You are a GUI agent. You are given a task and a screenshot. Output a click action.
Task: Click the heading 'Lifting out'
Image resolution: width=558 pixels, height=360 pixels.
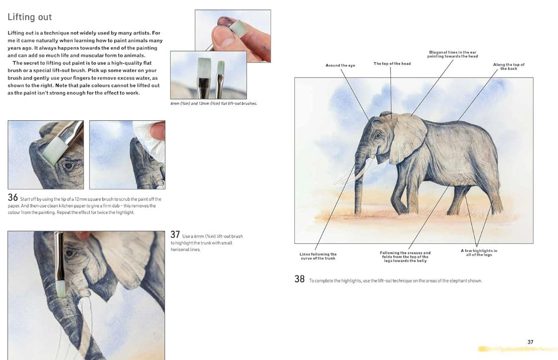(29, 17)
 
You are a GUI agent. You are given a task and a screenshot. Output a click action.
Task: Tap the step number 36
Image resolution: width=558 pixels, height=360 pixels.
(13, 197)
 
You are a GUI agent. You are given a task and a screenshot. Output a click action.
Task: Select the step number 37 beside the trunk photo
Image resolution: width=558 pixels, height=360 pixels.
(175, 234)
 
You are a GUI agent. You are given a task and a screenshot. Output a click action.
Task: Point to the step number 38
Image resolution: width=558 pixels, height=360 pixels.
(300, 279)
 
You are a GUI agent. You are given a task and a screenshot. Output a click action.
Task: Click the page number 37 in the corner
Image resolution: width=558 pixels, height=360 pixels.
(530, 342)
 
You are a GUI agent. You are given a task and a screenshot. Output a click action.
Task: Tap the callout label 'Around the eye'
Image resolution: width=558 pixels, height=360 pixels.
(340, 66)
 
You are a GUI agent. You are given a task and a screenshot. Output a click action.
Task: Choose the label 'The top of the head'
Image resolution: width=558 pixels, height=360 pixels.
(392, 64)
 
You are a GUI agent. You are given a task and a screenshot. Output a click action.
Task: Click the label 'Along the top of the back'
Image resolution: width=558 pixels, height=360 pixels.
(509, 67)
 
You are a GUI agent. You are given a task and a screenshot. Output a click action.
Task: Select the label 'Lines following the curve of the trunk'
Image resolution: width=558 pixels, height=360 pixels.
(318, 256)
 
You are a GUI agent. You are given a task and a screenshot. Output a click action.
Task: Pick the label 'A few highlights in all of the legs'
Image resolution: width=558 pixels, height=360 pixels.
(479, 253)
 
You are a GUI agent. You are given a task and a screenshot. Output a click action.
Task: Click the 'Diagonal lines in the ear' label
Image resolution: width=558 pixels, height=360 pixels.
(452, 54)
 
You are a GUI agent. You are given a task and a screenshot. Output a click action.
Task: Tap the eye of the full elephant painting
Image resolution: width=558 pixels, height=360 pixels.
(377, 135)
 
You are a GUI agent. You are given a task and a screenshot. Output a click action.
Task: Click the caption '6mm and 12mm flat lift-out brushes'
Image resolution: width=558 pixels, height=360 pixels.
(213, 103)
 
